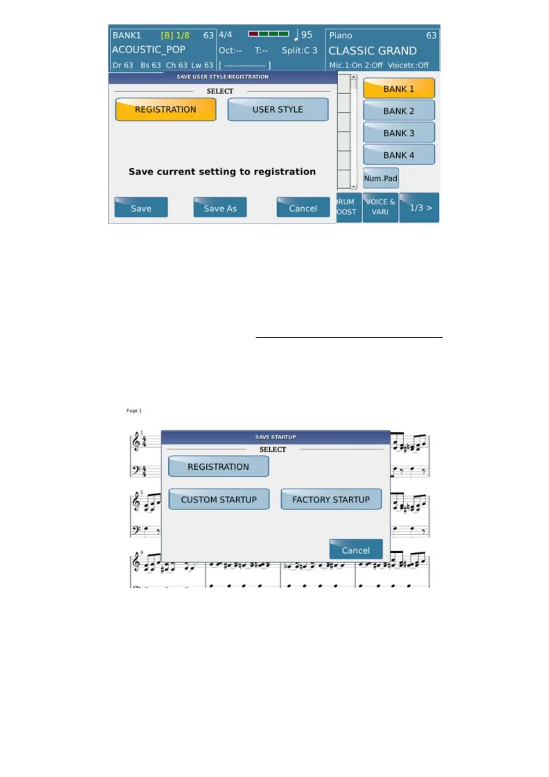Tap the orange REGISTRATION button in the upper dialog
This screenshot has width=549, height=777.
(166, 110)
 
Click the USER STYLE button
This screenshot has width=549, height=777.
(278, 110)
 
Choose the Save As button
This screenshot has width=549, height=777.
(220, 208)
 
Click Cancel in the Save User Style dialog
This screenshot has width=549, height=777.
(303, 208)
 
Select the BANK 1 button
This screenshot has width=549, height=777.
(399, 89)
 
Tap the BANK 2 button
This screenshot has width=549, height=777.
(399, 111)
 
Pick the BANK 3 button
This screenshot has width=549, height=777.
(399, 133)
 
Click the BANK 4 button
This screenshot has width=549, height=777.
(399, 155)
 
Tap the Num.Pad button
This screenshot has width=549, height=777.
(381, 179)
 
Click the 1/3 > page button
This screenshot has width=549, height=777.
(420, 208)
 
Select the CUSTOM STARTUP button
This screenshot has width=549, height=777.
(219, 500)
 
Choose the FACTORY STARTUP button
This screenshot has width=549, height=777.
(331, 500)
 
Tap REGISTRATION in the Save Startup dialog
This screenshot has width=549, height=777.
(218, 467)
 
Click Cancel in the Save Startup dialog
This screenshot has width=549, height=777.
(356, 550)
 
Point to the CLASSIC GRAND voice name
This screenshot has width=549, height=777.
(372, 51)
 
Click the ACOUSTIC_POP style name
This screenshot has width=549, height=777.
(149, 50)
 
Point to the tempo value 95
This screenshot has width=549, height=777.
(306, 35)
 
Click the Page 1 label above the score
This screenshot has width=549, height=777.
(134, 411)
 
